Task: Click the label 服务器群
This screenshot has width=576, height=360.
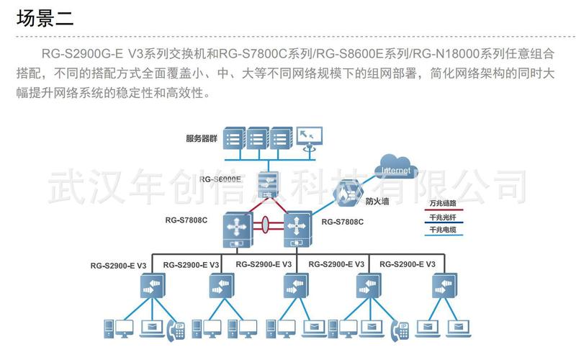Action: coord(200,138)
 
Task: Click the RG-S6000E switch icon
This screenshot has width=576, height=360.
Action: coord(269,186)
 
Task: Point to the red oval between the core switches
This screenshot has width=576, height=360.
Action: coord(266,225)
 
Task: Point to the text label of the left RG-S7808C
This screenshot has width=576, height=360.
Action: coord(186,220)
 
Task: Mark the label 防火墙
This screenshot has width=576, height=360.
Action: coord(377,202)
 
